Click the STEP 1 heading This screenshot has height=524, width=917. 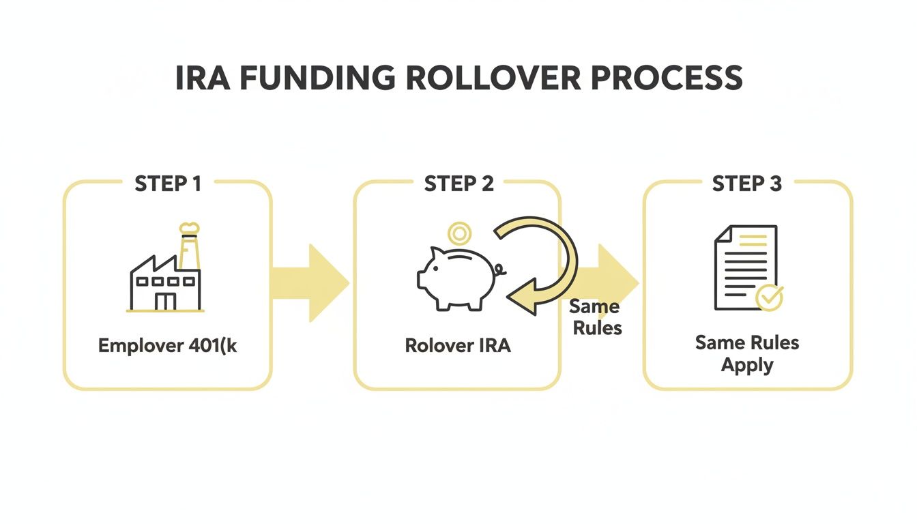(168, 184)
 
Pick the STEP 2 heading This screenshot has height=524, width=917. (458, 184)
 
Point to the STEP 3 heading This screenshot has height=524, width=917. (747, 184)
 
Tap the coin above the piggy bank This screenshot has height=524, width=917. (459, 234)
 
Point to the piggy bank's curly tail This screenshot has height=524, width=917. (501, 271)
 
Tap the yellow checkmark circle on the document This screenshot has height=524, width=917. (770, 298)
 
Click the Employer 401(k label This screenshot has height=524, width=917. (168, 345)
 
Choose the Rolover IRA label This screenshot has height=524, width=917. (458, 345)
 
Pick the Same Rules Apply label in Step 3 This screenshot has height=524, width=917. (747, 353)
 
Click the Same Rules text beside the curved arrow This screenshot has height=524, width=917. (596, 317)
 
